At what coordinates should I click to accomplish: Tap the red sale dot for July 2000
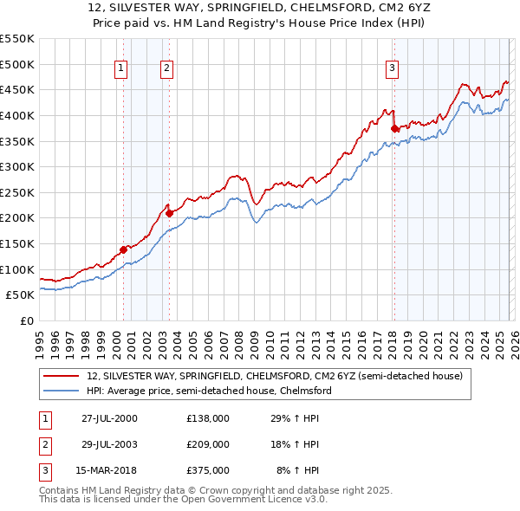click(x=123, y=249)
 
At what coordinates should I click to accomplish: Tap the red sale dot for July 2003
click(x=169, y=213)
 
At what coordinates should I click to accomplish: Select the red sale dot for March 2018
click(x=394, y=128)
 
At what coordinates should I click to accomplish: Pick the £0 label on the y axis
click(x=26, y=320)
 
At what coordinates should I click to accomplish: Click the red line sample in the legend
click(x=61, y=377)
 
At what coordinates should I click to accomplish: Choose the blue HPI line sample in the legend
click(x=61, y=391)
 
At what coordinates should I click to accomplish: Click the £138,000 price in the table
click(x=208, y=417)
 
